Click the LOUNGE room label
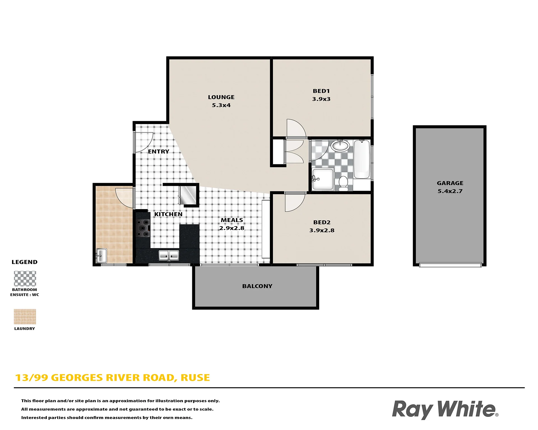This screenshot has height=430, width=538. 221,97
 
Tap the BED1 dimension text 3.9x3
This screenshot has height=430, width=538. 321,99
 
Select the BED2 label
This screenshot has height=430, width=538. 322,222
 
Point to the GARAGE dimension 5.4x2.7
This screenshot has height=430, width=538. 450,191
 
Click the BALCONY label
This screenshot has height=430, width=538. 257,286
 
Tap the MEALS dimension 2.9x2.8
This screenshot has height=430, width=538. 232,228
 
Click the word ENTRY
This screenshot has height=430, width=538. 159,151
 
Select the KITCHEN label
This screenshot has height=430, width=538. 168,214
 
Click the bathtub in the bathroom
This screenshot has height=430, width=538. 362,159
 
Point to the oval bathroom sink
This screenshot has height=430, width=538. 340,146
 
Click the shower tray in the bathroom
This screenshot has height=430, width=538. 323,179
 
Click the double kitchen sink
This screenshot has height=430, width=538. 169,255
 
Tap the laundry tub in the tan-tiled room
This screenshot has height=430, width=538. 101,256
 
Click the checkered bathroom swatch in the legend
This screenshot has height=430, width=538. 25,278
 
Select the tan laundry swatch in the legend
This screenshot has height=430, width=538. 25,317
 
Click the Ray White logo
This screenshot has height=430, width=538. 445,409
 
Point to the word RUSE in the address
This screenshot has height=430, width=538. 195,378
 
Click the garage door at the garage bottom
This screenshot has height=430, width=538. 450,265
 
